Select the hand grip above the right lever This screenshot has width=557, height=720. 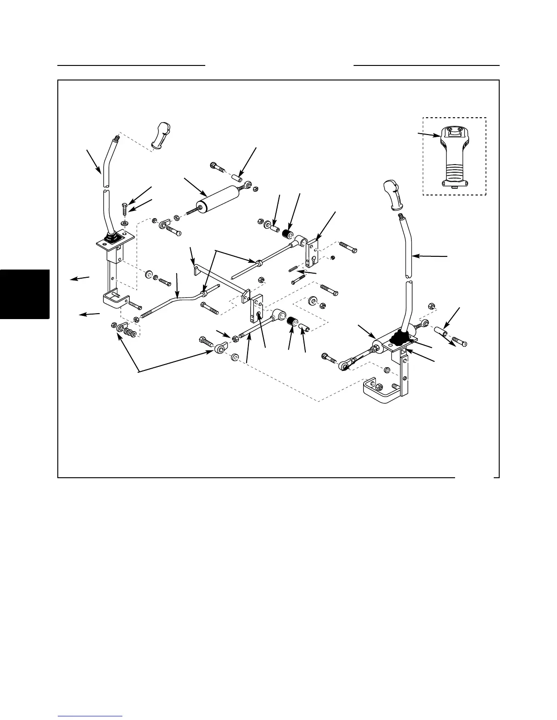tap(394, 193)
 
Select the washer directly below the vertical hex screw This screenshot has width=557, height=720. tap(124, 224)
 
